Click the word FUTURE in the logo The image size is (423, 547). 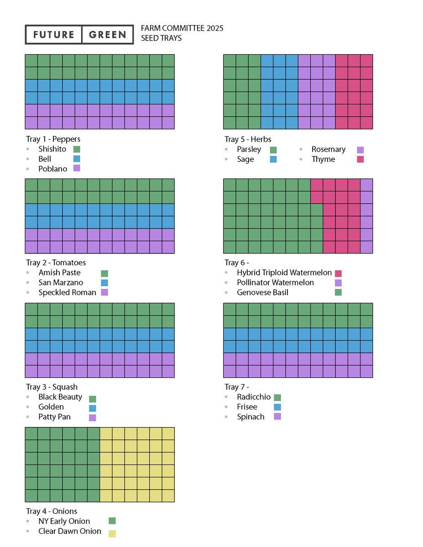pyautogui.click(x=53, y=35)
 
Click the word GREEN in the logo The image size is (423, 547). pyautogui.click(x=107, y=35)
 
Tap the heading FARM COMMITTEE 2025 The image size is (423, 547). pyautogui.click(x=182, y=28)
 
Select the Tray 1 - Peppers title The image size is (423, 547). pyautogui.click(x=53, y=139)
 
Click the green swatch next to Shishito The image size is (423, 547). pyautogui.click(x=77, y=149)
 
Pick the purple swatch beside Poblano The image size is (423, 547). pyautogui.click(x=77, y=168)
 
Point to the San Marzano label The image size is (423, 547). pyautogui.click(x=61, y=283)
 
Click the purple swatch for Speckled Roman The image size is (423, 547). pyautogui.click(x=104, y=292)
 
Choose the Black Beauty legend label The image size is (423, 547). pyautogui.click(x=60, y=397)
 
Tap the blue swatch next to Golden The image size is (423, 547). pyautogui.click(x=93, y=408)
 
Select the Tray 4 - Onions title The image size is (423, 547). pyautogui.click(x=52, y=511)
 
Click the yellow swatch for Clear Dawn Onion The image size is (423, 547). pyautogui.click(x=112, y=533)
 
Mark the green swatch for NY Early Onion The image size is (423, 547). pyautogui.click(x=112, y=521)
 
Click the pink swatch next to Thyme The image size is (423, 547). pyautogui.click(x=360, y=160)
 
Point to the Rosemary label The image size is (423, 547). pyautogui.click(x=329, y=150)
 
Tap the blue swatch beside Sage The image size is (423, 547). pyautogui.click(x=273, y=160)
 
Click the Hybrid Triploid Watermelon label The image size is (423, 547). pyautogui.click(x=284, y=273)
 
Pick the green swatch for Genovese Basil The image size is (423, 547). pyautogui.click(x=338, y=292)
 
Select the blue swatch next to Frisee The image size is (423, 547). pyautogui.click(x=277, y=407)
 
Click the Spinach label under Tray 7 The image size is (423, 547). pyautogui.click(x=251, y=417)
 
